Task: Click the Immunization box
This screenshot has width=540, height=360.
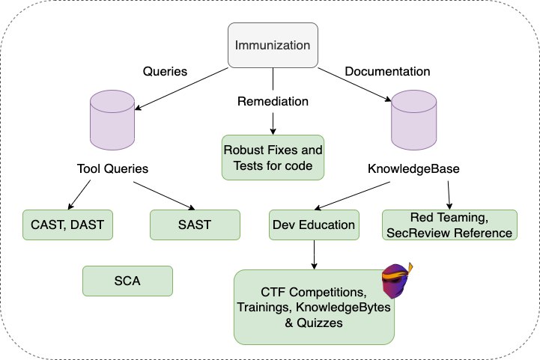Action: pyautogui.click(x=273, y=45)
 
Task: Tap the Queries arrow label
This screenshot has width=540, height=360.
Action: pyautogui.click(x=165, y=71)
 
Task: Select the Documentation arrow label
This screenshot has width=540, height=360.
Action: pyautogui.click(x=387, y=71)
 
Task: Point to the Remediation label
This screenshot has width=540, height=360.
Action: pyautogui.click(x=273, y=101)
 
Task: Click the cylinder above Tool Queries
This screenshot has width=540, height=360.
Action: pyautogui.click(x=112, y=120)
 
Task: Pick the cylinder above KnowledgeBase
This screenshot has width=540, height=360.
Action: pyautogui.click(x=414, y=120)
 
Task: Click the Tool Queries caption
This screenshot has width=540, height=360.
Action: pyautogui.click(x=112, y=168)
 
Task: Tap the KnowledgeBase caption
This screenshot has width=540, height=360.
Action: pyautogui.click(x=413, y=168)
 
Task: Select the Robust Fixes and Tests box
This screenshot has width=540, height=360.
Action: pyautogui.click(x=273, y=157)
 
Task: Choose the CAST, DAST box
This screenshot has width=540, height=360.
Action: pyautogui.click(x=67, y=225)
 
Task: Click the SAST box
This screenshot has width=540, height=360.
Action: pyautogui.click(x=195, y=225)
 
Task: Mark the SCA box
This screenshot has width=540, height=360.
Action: pyautogui.click(x=127, y=281)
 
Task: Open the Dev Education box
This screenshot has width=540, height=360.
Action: pyautogui.click(x=314, y=225)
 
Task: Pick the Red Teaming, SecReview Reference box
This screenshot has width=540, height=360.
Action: pyautogui.click(x=449, y=225)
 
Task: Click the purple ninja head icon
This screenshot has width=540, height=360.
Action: pyautogui.click(x=397, y=281)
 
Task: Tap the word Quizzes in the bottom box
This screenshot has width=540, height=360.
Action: pyautogui.click(x=320, y=323)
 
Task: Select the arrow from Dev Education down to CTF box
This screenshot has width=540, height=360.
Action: pyautogui.click(x=314, y=254)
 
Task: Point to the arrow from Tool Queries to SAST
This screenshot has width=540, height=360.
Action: pyautogui.click(x=164, y=196)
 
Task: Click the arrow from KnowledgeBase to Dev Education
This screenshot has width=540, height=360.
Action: pyautogui.click(x=352, y=196)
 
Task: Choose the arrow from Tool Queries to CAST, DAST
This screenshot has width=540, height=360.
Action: pyautogui.click(x=79, y=195)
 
